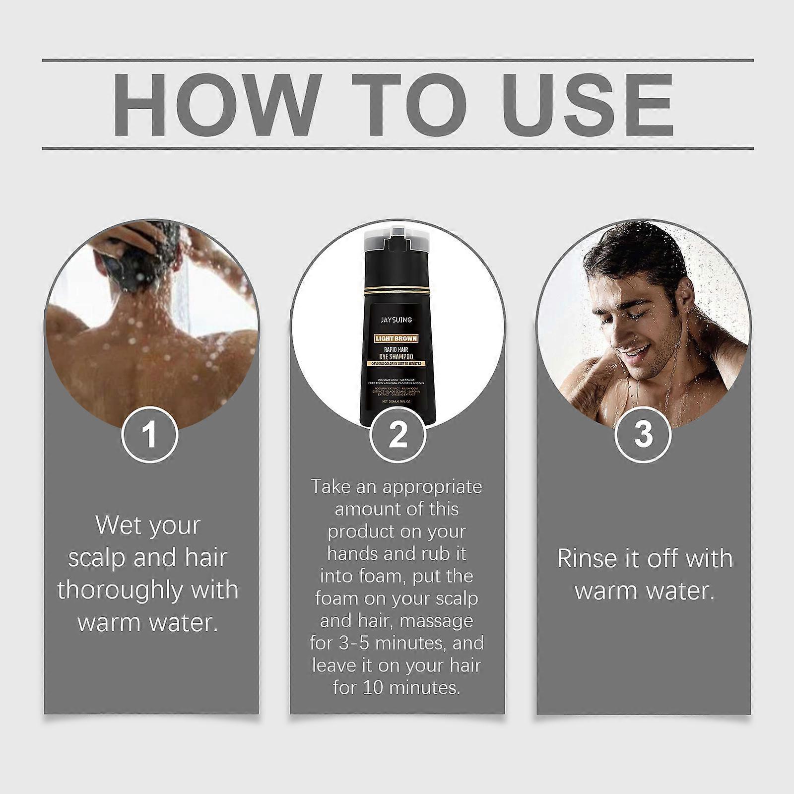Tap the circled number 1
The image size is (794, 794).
click(x=149, y=434)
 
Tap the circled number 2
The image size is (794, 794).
click(x=397, y=434)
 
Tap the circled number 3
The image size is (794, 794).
click(x=643, y=434)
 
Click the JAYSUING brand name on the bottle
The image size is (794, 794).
click(x=396, y=320)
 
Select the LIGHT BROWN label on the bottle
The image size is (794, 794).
click(x=396, y=338)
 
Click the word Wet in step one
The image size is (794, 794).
click(x=113, y=525)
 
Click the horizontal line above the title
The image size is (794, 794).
click(x=397, y=61)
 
